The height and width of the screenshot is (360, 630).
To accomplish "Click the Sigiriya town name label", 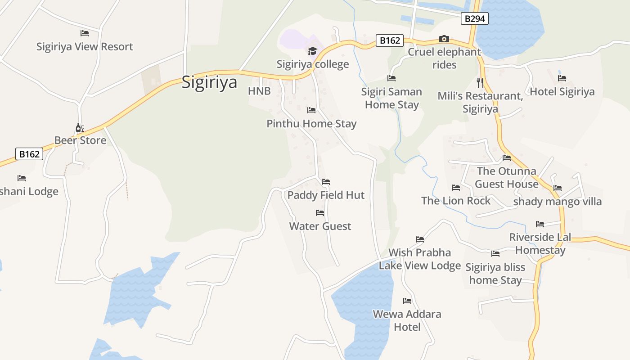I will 209,83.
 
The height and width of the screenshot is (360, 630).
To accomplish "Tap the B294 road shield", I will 474,18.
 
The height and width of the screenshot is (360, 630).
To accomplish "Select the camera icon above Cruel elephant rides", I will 444,39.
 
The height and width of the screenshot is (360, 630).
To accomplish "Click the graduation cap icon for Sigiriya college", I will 312,51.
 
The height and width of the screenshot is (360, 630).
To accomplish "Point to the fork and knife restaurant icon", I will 480,82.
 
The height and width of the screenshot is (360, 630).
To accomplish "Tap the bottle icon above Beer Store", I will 80,128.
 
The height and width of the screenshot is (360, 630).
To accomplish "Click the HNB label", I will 259,91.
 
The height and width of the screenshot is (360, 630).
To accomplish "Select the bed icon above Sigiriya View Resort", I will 85,33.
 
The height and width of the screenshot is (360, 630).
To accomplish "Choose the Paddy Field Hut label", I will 326,195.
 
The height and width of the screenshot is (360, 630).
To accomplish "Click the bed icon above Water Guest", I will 320,213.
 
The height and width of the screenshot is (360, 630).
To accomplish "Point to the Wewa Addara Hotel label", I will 407,320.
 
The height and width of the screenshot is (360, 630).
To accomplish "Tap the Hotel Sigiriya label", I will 562,92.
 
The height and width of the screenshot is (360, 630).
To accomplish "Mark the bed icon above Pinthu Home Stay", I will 311,110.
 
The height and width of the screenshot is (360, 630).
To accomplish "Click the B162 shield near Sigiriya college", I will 390,40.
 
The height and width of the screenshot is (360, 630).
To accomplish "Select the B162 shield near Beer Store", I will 29,154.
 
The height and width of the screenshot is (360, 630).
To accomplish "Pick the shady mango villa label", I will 558,201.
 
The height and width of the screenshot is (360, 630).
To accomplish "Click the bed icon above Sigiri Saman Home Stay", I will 391,78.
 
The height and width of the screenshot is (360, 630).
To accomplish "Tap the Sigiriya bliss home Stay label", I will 495,274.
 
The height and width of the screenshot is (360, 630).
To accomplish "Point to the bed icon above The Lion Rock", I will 456,188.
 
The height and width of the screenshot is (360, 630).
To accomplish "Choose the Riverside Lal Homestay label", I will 540,243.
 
